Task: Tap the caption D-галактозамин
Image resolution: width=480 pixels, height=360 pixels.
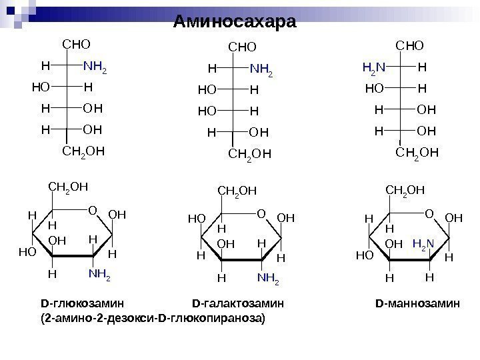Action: (x=237, y=304)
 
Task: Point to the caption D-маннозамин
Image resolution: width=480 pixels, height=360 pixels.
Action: (x=417, y=304)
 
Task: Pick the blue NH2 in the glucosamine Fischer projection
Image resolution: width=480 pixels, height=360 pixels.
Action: (x=95, y=67)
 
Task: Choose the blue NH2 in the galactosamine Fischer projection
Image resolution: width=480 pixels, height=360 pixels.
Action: (x=261, y=69)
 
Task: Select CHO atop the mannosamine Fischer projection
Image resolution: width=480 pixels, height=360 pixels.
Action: (x=410, y=45)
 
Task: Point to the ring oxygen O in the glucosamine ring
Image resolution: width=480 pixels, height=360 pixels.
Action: (x=92, y=211)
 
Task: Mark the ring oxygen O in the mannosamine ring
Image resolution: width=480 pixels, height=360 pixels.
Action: (x=429, y=213)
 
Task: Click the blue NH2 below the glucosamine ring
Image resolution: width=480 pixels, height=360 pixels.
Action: (x=99, y=273)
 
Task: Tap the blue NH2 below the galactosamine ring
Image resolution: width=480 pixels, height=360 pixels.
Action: (x=268, y=275)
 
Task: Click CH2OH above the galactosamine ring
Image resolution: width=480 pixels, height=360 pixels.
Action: (x=237, y=192)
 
